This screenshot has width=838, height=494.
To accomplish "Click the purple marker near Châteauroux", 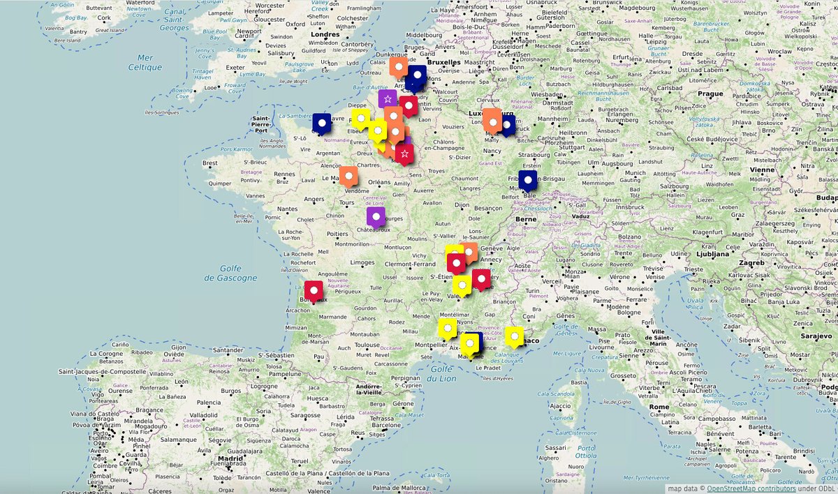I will pyautogui.click(x=376, y=216).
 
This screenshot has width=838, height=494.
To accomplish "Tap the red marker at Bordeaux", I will pyautogui.click(x=314, y=290).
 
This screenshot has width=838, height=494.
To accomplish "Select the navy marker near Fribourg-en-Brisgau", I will pyautogui.click(x=529, y=180).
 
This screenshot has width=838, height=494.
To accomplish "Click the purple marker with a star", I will pyautogui.click(x=388, y=99).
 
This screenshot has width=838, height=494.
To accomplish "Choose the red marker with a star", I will pyautogui.click(x=404, y=153).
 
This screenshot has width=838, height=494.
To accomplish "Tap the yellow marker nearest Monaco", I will pyautogui.click(x=514, y=336).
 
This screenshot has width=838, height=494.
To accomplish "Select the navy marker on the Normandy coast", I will pyautogui.click(x=322, y=123).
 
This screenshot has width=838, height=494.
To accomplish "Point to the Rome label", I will pyautogui.click(x=659, y=407).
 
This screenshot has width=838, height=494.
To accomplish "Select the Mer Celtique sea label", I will pyautogui.click(x=145, y=63).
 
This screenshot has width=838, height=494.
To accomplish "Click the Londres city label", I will pyautogui.click(x=324, y=33).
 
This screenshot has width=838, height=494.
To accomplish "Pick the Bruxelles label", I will pyautogui.click(x=445, y=61).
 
